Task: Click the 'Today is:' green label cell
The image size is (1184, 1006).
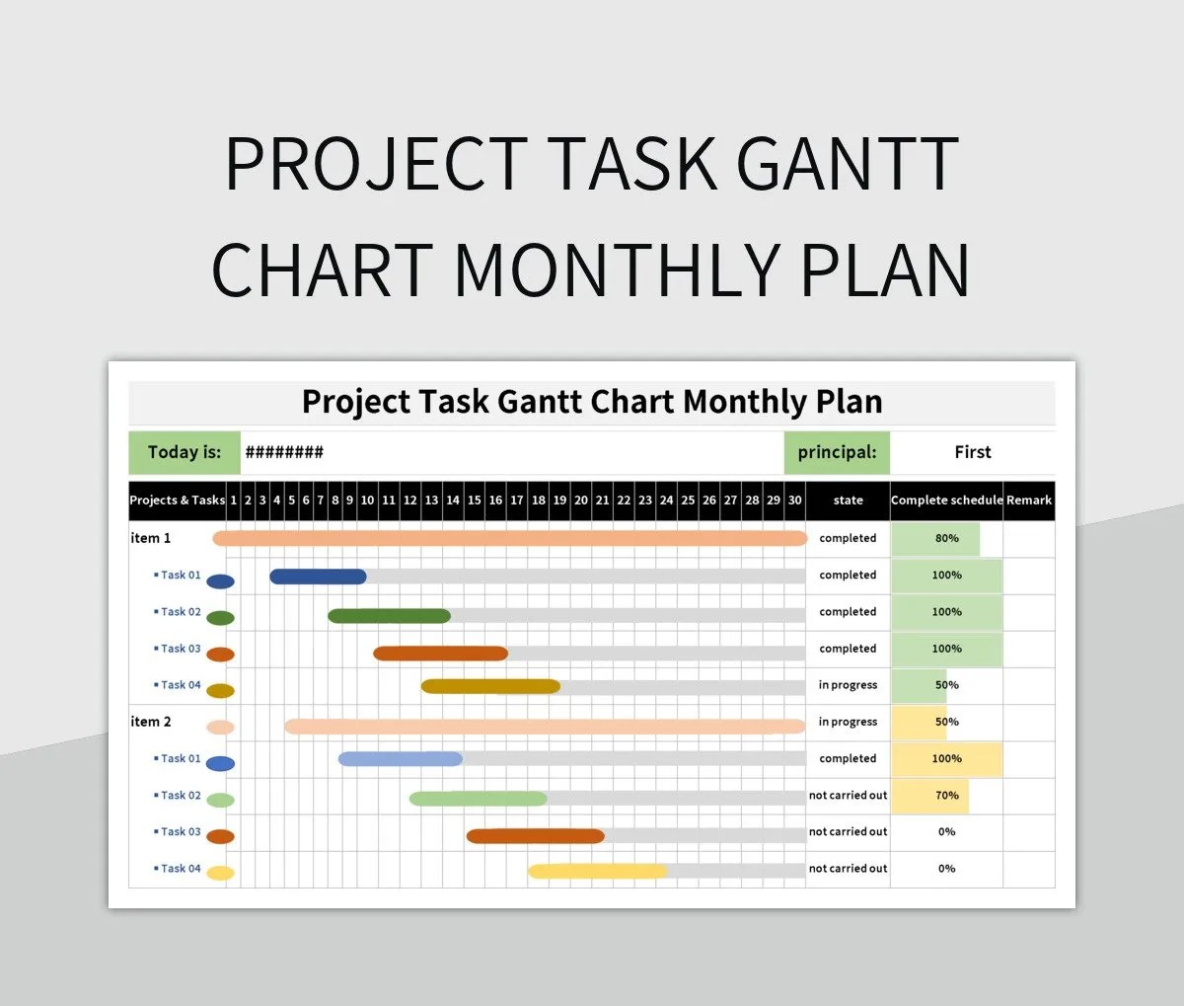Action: tap(185, 452)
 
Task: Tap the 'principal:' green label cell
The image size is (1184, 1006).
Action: tap(837, 452)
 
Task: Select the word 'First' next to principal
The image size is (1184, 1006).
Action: tap(972, 452)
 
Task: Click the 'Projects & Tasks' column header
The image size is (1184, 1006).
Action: tap(178, 501)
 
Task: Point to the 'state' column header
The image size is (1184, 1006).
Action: tap(848, 501)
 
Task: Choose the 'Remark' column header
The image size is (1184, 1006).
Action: tap(1029, 501)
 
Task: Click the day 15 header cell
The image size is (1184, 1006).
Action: tap(475, 501)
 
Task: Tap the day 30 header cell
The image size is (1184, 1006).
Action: tap(794, 501)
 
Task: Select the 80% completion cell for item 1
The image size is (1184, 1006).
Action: tap(946, 539)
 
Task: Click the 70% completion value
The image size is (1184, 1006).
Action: tap(946, 796)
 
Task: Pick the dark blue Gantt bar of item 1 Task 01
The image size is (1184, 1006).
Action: tap(318, 577)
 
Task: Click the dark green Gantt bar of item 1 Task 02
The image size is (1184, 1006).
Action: tap(389, 616)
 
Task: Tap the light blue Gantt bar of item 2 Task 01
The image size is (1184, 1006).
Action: tap(400, 759)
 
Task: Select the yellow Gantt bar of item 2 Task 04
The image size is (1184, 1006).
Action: tap(597, 871)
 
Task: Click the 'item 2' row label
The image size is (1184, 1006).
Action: tap(151, 722)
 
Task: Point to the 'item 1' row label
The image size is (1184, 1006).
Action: tap(151, 538)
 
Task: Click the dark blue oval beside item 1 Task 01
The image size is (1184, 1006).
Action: tap(220, 581)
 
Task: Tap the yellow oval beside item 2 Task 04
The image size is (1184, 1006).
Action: tap(220, 873)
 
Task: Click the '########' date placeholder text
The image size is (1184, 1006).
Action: tap(284, 453)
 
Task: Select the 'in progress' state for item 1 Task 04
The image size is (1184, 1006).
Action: tap(848, 685)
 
